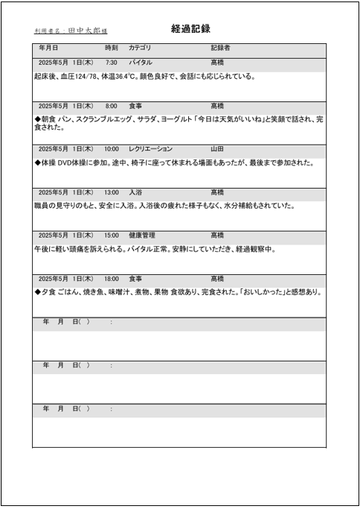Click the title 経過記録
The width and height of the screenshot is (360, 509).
[x=190, y=29]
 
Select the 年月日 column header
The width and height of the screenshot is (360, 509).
[x=49, y=48]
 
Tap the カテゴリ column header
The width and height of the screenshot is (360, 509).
[x=140, y=48]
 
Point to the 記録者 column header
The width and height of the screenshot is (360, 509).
[x=220, y=48]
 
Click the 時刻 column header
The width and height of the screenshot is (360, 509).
[x=112, y=48]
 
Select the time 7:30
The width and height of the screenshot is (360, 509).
[x=112, y=63]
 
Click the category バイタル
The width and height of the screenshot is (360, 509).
[x=141, y=63]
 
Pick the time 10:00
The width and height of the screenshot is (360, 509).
[x=112, y=149]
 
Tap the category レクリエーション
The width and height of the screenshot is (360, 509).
[x=150, y=149]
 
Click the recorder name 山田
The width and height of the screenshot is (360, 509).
[x=217, y=149]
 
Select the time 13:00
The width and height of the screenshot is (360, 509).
[x=112, y=192]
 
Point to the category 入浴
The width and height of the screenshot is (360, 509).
[x=135, y=192]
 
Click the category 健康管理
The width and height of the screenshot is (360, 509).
[x=142, y=235]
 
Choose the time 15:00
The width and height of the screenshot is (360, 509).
[x=112, y=235]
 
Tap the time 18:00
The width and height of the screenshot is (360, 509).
[x=112, y=279]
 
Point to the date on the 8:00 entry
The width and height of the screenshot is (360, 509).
[x=65, y=106]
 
